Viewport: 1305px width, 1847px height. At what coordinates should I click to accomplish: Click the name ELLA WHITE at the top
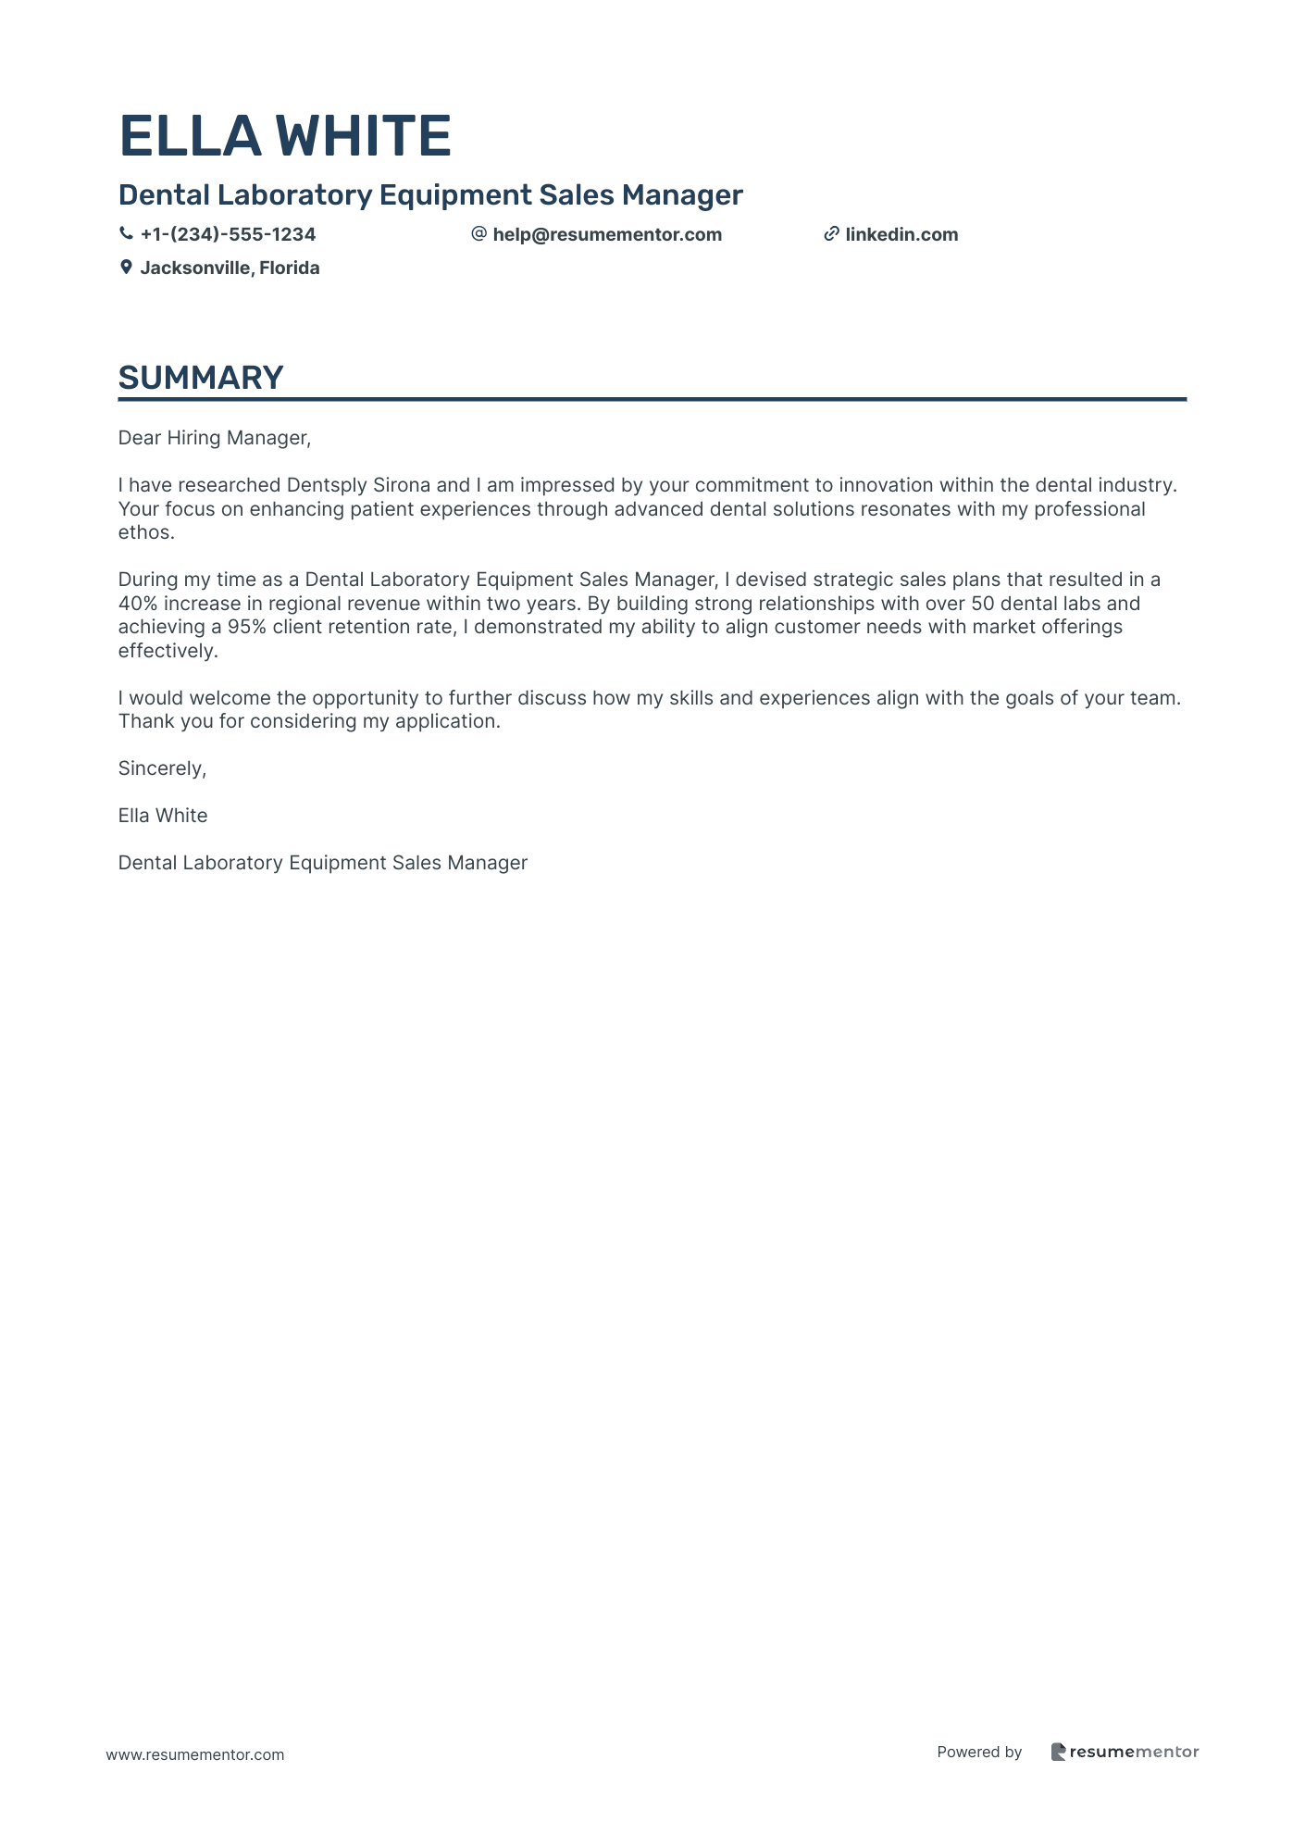[x=285, y=136]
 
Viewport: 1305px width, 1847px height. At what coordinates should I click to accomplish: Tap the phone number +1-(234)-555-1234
[x=228, y=234]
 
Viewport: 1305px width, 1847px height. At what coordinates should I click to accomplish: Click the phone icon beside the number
[x=126, y=234]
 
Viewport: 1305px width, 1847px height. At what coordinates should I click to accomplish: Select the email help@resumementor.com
[x=607, y=234]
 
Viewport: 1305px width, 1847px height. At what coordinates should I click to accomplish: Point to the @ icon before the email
[x=478, y=234]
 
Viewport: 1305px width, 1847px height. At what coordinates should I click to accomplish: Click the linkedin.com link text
[x=901, y=234]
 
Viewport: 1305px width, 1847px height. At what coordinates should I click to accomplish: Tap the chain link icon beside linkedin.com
[x=831, y=234]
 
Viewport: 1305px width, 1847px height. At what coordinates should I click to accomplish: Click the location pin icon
[x=126, y=268]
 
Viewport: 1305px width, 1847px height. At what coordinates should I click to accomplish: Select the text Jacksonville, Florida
[x=230, y=268]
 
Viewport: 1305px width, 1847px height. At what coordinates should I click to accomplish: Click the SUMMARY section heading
[x=201, y=378]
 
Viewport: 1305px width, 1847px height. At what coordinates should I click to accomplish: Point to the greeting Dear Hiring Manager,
[x=215, y=438]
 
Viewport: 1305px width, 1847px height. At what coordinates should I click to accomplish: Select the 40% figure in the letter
[x=138, y=604]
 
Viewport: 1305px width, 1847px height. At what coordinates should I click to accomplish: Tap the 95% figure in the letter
[x=247, y=627]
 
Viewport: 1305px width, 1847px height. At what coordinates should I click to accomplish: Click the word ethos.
[x=146, y=532]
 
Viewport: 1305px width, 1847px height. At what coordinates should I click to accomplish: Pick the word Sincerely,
[x=162, y=768]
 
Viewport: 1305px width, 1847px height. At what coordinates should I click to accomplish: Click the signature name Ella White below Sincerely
[x=163, y=816]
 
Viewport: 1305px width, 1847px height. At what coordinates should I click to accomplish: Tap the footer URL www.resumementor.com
[x=195, y=1754]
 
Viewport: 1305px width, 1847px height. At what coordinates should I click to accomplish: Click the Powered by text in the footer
[x=979, y=1752]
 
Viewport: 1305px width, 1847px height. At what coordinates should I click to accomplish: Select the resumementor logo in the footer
[x=1125, y=1752]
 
